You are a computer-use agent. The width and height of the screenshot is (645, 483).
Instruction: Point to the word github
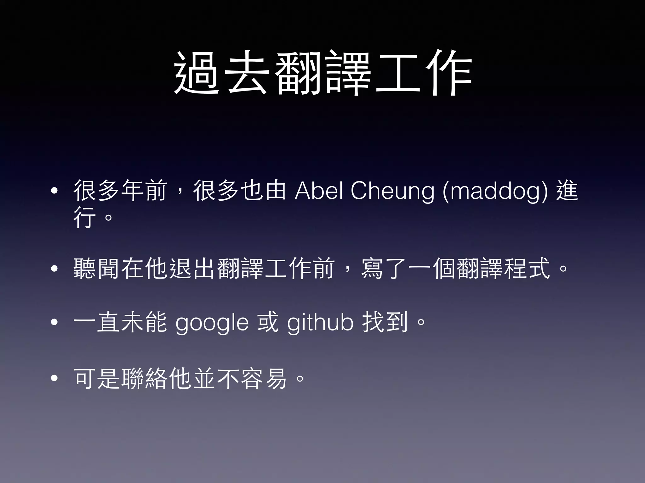(x=320, y=322)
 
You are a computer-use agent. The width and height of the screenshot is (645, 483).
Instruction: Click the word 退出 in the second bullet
(x=193, y=269)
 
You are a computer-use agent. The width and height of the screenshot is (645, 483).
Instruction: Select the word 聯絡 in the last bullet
(x=145, y=378)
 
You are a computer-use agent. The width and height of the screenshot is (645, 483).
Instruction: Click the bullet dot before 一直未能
(x=54, y=322)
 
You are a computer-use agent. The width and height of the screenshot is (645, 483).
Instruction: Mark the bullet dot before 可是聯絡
(x=54, y=379)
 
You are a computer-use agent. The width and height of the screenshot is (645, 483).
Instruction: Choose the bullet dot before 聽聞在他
(x=54, y=269)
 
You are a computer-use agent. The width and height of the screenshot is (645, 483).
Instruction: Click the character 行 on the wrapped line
(x=85, y=217)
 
